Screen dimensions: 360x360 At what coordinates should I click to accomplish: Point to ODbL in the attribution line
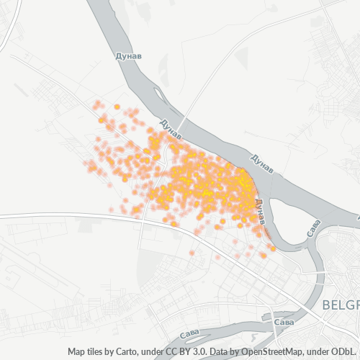345,352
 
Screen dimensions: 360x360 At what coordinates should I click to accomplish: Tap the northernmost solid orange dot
117,107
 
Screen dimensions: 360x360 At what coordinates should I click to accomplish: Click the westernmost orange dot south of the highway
192,252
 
